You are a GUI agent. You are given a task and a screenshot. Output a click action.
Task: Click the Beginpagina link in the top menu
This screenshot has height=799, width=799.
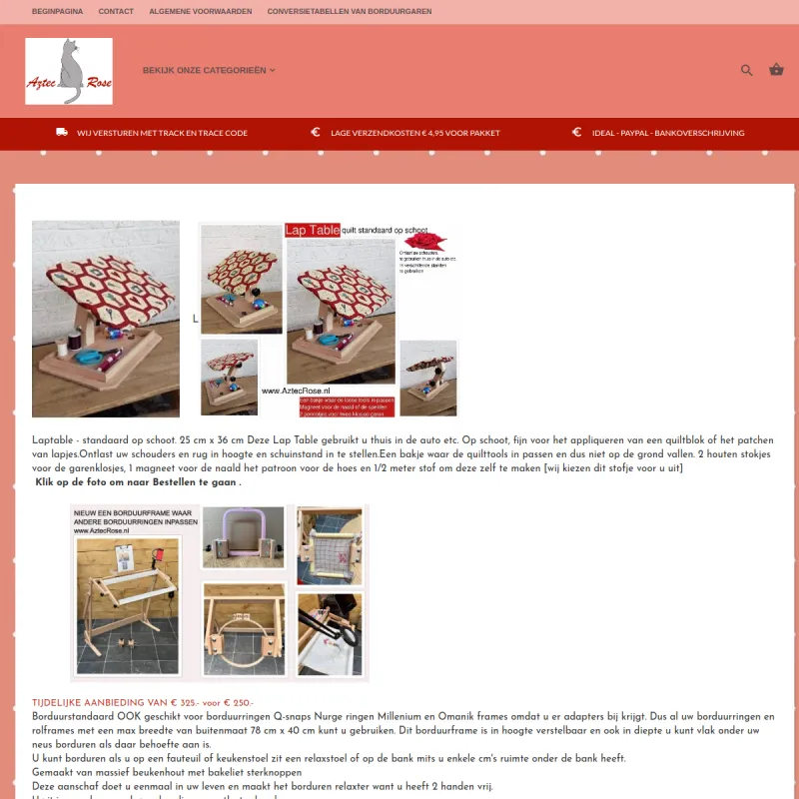56,11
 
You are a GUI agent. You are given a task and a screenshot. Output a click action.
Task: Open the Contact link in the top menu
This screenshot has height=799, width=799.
116,11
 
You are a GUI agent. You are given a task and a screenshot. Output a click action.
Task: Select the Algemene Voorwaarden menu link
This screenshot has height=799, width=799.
200,11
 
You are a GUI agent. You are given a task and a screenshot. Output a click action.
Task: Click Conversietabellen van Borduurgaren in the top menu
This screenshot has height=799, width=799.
350,11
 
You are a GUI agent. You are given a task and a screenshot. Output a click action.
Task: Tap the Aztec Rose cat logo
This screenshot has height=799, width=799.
69,71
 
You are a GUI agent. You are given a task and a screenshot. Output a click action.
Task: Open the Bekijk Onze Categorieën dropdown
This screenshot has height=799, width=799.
209,71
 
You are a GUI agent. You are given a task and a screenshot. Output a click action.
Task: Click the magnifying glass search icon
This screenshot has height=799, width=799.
746,70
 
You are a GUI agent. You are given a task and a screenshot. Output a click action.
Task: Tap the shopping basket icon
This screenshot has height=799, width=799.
776,70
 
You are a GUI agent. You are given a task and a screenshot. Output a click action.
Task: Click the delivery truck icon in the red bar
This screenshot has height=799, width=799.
62,133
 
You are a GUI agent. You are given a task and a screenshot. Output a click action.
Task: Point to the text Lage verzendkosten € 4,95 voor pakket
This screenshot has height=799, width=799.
414,133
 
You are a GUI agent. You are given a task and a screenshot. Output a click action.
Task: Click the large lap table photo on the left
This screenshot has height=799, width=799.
106,319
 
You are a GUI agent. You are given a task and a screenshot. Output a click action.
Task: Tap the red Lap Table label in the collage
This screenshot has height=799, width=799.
312,230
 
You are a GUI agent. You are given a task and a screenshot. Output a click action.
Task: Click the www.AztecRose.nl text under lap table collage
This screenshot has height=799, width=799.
296,391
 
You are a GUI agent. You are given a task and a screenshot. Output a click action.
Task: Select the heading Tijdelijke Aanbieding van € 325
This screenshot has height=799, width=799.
142,703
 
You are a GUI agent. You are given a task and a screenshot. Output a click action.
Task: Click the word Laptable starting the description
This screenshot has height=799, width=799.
52,439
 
